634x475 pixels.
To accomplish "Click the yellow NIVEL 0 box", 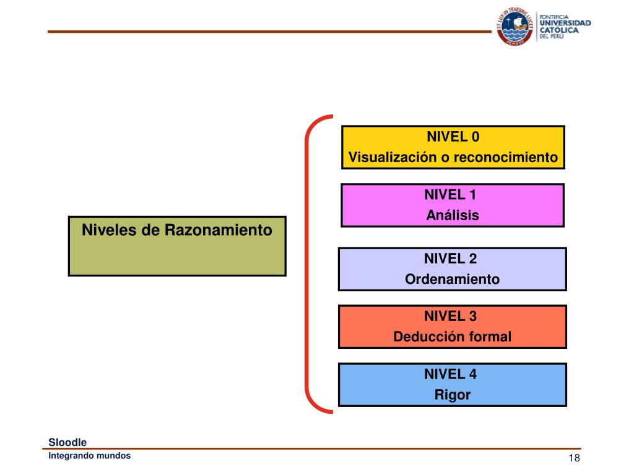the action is tap(453, 147).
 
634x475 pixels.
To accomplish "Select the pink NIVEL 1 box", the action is tap(453, 205).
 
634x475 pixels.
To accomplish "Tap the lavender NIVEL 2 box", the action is tap(453, 269).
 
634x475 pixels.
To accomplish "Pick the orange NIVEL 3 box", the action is tap(453, 327).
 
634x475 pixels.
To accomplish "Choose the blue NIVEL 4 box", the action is tap(453, 384).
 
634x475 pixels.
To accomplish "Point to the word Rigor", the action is tap(453, 395).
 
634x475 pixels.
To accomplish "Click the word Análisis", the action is tap(453, 216).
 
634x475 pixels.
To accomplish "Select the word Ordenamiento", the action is tap(453, 280).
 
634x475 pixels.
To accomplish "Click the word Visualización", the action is tap(393, 157).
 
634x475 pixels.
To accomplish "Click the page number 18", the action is tap(574, 458).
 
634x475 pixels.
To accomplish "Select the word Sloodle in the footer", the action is tap(68, 442).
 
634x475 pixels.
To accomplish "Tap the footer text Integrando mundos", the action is tap(90, 456).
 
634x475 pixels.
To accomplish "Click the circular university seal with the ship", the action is tap(514, 28).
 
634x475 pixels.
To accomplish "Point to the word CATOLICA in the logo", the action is tap(559, 30).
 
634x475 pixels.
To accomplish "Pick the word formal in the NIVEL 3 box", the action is tap(490, 337).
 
